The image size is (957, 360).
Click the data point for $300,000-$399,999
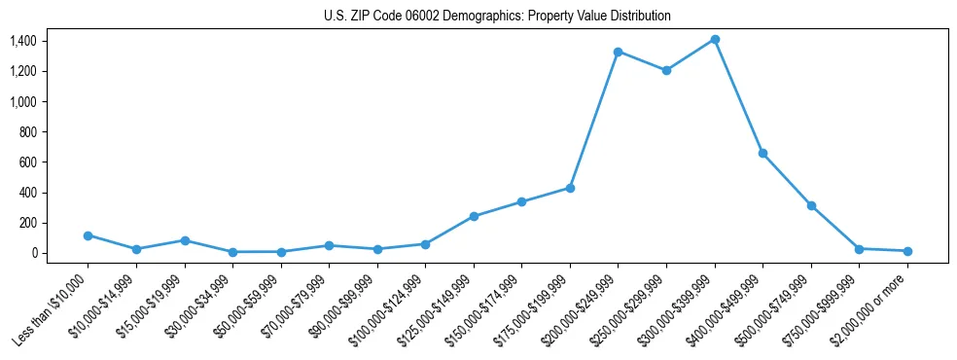[715, 40]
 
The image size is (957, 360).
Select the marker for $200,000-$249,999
[618, 52]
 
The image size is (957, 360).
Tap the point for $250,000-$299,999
[666, 70]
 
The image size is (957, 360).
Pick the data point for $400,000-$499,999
[762, 153]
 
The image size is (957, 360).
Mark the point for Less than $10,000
[88, 235]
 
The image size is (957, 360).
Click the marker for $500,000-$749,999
[811, 205]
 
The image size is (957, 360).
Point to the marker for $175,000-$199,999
[570, 188]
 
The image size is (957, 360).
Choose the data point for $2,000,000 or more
[907, 251]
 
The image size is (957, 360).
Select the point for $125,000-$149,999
[474, 216]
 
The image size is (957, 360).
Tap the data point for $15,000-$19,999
[184, 240]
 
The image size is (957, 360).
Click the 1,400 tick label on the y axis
[22, 41]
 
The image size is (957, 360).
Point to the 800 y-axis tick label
[27, 131]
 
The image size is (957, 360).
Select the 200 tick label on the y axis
[27, 223]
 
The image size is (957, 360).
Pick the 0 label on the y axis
[33, 253]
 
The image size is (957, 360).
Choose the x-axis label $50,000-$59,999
[249, 307]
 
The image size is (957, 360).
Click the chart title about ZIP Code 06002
[497, 16]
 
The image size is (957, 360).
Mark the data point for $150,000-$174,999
[521, 201]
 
